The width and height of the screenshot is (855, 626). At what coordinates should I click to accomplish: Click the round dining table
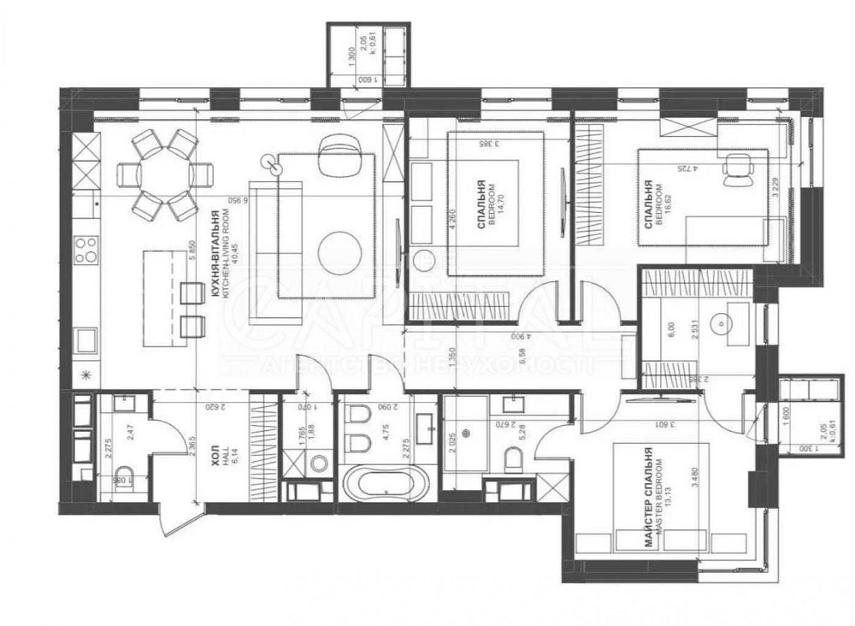click(165, 174)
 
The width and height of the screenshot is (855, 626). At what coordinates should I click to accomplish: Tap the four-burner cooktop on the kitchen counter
click(85, 249)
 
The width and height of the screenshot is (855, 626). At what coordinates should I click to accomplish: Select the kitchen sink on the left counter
click(86, 340)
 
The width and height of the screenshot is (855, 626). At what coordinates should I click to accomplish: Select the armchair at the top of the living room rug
click(335, 154)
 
